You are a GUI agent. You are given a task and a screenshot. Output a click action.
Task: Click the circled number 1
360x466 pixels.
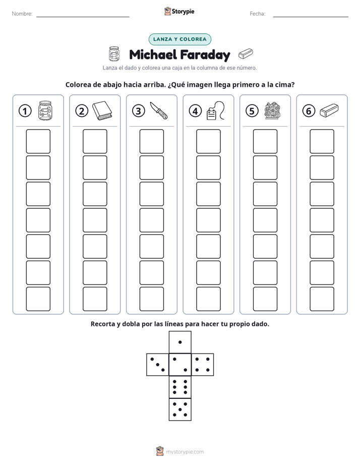click(25, 111)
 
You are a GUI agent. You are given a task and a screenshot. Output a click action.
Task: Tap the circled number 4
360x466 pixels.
click(195, 111)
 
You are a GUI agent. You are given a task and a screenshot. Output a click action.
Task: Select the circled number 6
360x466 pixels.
click(309, 111)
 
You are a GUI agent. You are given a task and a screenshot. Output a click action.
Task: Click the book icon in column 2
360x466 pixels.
click(102, 110)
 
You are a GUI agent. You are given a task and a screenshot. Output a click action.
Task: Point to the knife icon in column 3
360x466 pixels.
click(159, 110)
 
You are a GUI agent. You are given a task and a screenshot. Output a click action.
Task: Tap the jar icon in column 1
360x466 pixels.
click(45, 110)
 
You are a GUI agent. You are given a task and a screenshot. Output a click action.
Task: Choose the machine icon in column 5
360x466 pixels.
click(272, 110)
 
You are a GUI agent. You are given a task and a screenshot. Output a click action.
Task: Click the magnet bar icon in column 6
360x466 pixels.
click(329, 110)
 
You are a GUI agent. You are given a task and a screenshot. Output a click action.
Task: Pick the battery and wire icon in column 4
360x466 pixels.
click(216, 110)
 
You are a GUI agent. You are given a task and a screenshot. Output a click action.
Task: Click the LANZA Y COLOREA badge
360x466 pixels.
click(179, 39)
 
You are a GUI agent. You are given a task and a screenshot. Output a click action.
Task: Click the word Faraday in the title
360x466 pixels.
click(205, 54)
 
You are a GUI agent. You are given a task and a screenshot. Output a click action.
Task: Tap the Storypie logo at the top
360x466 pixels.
click(179, 12)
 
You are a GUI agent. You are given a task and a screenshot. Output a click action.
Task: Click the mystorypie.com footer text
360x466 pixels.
click(185, 452)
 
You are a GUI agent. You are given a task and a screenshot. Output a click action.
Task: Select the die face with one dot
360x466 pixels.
click(180, 342)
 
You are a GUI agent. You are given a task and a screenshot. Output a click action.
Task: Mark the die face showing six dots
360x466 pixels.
click(180, 387)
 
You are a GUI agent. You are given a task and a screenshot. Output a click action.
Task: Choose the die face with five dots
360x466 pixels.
click(180, 409)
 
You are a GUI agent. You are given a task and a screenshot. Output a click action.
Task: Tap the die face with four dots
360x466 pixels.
click(203, 365)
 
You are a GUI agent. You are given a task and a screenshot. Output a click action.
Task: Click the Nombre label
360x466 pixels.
click(22, 14)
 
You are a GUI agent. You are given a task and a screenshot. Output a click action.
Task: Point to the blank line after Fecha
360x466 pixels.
click(311, 17)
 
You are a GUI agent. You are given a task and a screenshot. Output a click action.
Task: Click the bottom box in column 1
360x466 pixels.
click(38, 299)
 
